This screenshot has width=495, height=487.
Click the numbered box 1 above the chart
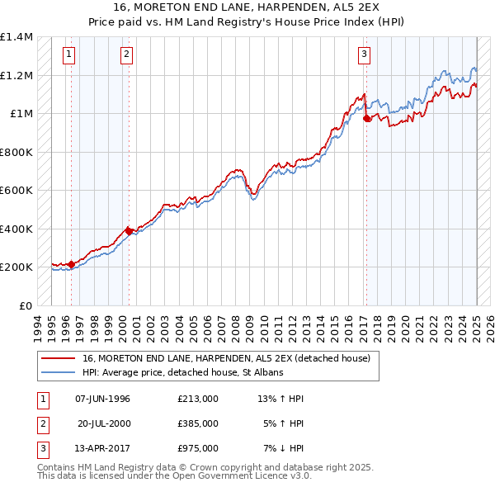pos(68,55)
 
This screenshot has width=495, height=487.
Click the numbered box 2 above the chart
pos(126,55)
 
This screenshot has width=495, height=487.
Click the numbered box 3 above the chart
pos(364,55)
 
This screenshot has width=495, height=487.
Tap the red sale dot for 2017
pos(367,119)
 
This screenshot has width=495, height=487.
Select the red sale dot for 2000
pos(129,231)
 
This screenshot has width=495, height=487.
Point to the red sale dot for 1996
pos(71,264)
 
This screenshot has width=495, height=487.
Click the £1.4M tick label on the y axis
pos(16,37)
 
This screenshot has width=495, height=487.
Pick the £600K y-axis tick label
pos(16,191)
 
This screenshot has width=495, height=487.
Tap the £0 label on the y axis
pos(26,305)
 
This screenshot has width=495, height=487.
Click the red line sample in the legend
pos(58,358)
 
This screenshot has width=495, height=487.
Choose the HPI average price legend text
pos(182,372)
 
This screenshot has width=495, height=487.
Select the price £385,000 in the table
pos(197,423)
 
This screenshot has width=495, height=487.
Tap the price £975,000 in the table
pos(197,449)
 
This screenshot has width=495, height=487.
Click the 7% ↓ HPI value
pos(284,449)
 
